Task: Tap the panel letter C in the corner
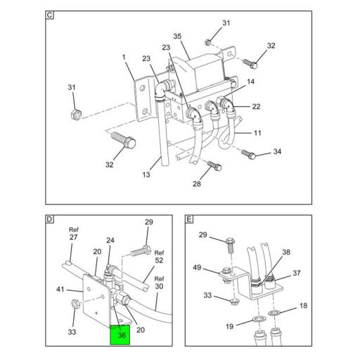[x=49, y=15]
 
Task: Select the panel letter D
[x=49, y=219]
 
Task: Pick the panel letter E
[x=189, y=219]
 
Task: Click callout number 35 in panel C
[x=177, y=37]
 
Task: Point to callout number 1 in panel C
[x=124, y=57]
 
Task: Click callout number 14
[x=250, y=82]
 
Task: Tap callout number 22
[x=256, y=107]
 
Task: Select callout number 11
[x=257, y=133]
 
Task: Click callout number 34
[x=277, y=151]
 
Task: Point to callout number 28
[x=197, y=184]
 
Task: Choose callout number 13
[x=146, y=174]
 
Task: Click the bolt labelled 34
[x=248, y=154]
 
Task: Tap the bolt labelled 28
[x=214, y=166]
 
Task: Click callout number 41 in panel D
[x=60, y=290]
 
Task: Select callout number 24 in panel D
[x=110, y=240]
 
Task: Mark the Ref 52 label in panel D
[x=159, y=257]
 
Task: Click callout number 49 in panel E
[x=197, y=267]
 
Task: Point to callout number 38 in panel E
[x=286, y=252]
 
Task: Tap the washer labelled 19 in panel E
[x=259, y=319]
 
